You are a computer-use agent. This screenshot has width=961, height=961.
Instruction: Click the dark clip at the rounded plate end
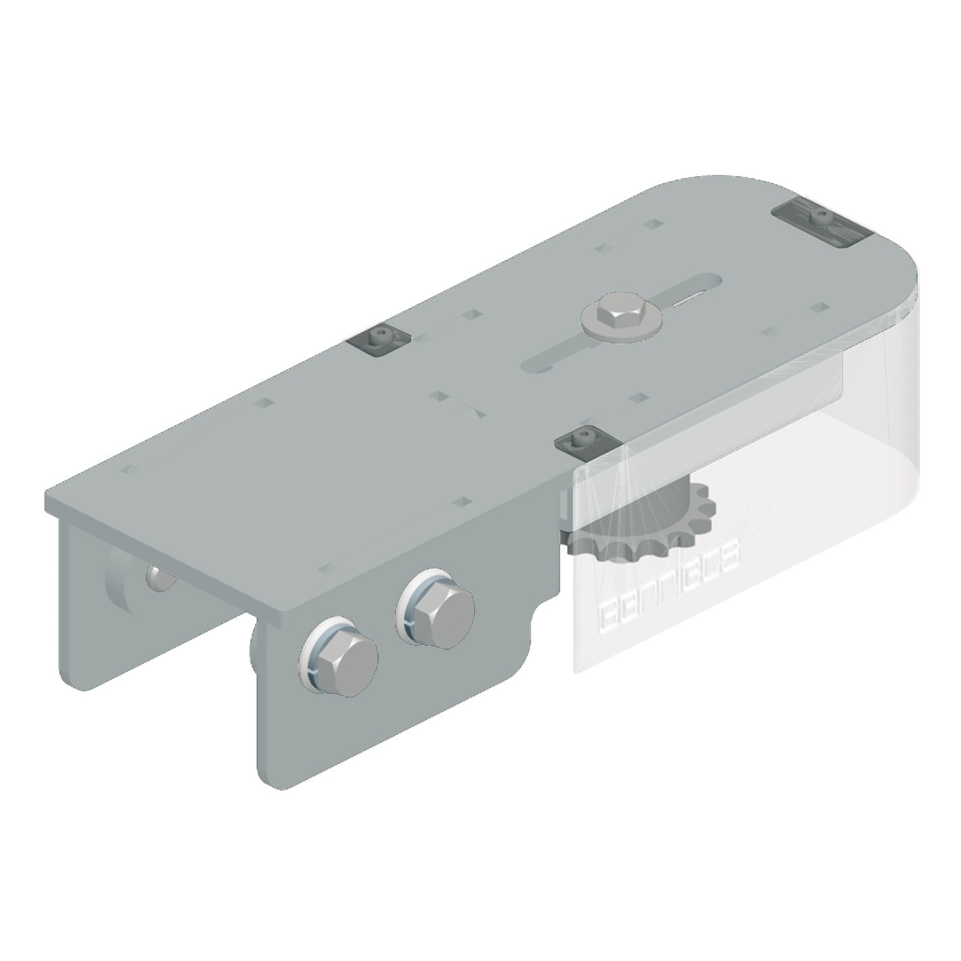click(x=819, y=222)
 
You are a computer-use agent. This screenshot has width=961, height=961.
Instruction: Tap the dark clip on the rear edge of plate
click(x=380, y=341)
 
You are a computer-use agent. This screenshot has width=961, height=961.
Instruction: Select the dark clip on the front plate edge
click(x=587, y=443)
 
